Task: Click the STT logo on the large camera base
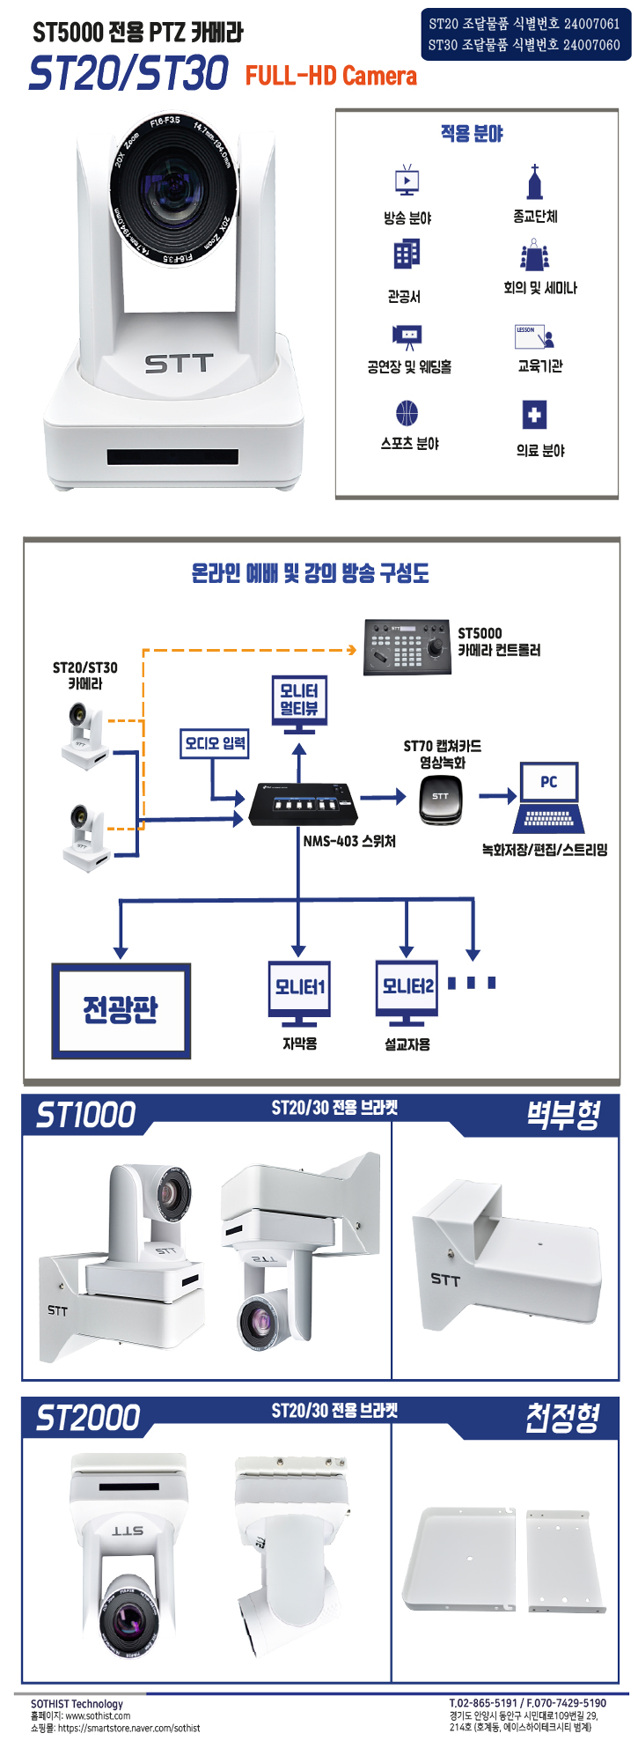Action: point(179,363)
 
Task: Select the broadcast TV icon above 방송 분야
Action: point(407,181)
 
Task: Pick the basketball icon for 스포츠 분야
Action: point(407,413)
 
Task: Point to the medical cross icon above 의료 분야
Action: point(534,415)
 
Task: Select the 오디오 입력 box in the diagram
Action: point(215,743)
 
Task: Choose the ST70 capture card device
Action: point(441,800)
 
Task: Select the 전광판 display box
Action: point(121,1011)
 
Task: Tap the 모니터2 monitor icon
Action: point(407,992)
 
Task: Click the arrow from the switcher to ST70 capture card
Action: point(383,797)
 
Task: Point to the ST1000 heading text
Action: point(85,1115)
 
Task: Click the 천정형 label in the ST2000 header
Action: point(562,1418)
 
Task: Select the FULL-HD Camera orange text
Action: point(331,76)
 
